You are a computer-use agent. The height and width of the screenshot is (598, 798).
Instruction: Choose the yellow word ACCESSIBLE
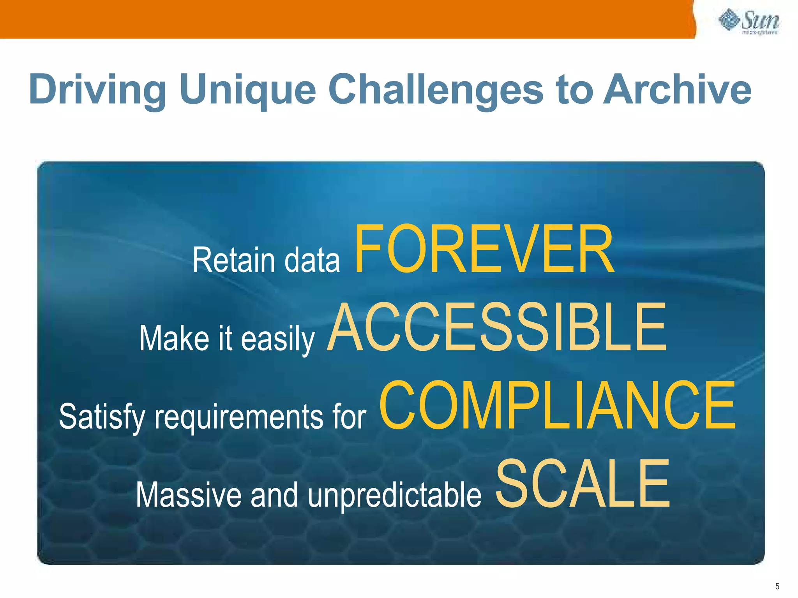pyautogui.click(x=497, y=328)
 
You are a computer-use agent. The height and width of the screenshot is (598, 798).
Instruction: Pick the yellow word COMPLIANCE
pyautogui.click(x=557, y=406)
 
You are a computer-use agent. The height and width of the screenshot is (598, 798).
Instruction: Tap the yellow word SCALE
pyautogui.click(x=583, y=485)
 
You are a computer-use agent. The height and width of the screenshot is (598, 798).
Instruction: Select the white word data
pyautogui.click(x=312, y=260)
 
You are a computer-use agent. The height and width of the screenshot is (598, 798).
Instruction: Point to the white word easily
pyautogui.click(x=277, y=339)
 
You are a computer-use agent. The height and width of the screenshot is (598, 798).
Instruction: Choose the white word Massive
pyautogui.click(x=189, y=495)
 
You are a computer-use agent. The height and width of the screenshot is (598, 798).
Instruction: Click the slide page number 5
pyautogui.click(x=777, y=586)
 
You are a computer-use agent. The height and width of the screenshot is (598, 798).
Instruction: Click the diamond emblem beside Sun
pyautogui.click(x=729, y=20)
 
